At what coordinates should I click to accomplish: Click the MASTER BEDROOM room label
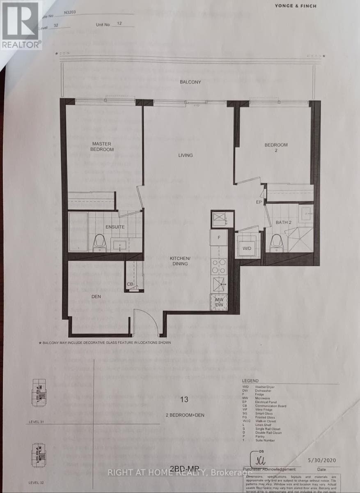click(x=102, y=146)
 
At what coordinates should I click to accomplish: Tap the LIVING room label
click(x=186, y=155)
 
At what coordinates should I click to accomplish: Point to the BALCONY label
click(x=190, y=82)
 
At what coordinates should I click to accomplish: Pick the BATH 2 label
click(x=284, y=222)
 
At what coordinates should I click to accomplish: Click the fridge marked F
click(x=219, y=238)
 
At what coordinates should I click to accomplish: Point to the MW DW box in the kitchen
click(x=219, y=303)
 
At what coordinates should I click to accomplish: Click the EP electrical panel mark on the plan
click(x=259, y=203)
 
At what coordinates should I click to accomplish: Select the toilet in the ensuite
click(x=100, y=243)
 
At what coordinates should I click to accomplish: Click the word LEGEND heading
click(x=250, y=381)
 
